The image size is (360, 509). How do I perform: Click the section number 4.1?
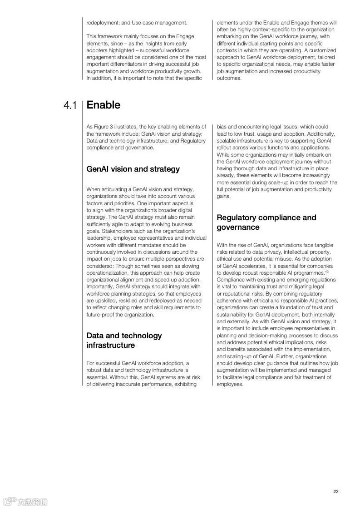point(70,106)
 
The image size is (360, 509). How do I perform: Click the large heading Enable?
point(104,105)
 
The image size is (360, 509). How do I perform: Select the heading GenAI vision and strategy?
point(133,169)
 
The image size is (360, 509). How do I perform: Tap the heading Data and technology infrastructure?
point(124,341)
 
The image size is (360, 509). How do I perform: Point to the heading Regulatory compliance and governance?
point(266,222)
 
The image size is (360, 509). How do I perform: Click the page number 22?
point(336,491)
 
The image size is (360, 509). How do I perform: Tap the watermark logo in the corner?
point(25,502)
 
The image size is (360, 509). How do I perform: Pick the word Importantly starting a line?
point(100,287)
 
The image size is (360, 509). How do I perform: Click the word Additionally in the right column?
point(321,134)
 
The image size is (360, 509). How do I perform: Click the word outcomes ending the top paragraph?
point(229,78)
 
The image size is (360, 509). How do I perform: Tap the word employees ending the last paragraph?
point(230,384)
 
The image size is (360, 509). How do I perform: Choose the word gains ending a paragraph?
point(224,196)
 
